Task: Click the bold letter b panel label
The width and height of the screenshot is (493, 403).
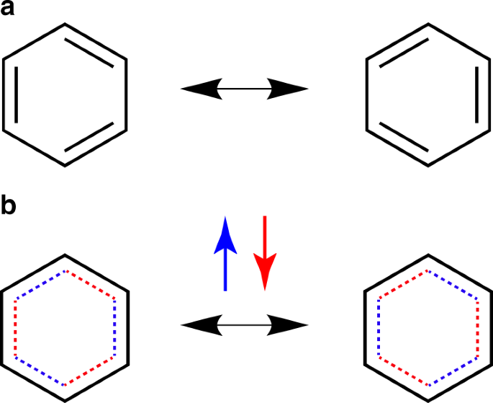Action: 11,206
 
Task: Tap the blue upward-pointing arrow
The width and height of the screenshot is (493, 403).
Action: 226,253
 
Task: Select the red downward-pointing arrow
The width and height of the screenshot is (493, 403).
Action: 266,253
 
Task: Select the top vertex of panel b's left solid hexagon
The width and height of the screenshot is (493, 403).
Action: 65,255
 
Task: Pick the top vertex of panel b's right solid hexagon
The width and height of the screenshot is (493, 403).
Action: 428,255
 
